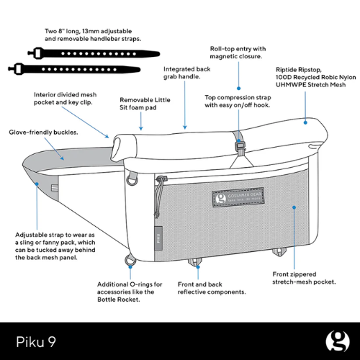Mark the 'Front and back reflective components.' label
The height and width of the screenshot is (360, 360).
coord(212,288)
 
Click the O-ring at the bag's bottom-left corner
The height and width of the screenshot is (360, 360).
coord(130,259)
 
